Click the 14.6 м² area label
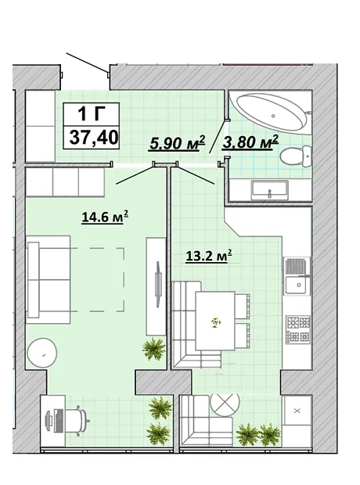coord(105,217)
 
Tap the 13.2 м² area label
coord(209,256)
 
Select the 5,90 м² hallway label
coord(177,143)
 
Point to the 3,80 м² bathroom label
coord(250,142)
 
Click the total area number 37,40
coord(94,137)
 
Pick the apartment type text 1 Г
coord(90,113)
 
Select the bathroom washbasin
coord(270,190)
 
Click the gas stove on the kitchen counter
coord(298,329)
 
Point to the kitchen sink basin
coord(297,285)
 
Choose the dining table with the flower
coord(215,321)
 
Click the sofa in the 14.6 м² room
coord(49,280)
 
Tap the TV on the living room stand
coord(158,284)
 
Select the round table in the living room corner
coord(42,354)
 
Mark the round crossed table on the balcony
coord(225,405)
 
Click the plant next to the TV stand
coord(153,349)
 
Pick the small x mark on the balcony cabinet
coord(297,411)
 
